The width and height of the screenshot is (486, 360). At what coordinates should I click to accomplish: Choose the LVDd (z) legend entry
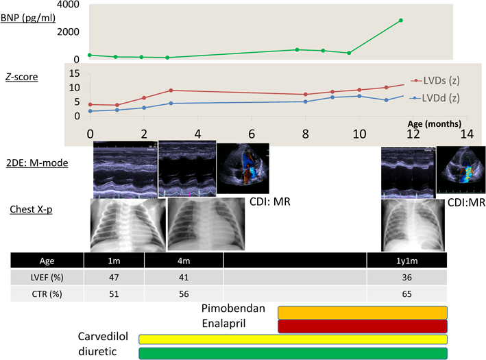(441, 97)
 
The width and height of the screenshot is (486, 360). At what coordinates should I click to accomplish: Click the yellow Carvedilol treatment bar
(293, 339)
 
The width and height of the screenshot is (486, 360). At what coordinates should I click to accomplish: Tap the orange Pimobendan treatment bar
(362, 312)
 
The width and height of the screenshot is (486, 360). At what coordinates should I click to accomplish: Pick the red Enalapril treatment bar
(362, 326)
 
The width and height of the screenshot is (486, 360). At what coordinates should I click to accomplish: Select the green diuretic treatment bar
(293, 353)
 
